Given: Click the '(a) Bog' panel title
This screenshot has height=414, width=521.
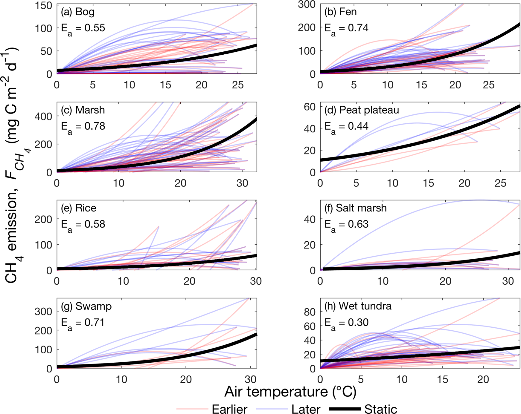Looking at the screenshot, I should (x=77, y=12).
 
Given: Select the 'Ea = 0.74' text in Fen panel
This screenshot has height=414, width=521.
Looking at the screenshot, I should (x=346, y=28).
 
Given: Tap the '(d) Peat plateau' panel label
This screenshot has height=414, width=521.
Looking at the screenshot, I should (x=362, y=110).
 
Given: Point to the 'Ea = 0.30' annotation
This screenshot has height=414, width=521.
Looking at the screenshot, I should (x=346, y=323).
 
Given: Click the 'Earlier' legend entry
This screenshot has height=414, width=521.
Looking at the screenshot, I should (x=229, y=409).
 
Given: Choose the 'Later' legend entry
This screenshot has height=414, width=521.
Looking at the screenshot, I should (x=306, y=409).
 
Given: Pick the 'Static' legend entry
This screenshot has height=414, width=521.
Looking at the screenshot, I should (x=380, y=409).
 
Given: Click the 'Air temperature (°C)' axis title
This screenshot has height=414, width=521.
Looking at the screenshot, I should (x=290, y=392).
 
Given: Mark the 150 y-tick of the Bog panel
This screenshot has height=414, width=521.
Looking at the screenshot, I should (x=44, y=5).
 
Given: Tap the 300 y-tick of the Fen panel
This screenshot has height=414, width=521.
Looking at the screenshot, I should (x=307, y=4).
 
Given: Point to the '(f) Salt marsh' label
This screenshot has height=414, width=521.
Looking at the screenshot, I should (x=355, y=208).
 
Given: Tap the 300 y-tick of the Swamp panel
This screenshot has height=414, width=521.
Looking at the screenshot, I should (x=44, y=311).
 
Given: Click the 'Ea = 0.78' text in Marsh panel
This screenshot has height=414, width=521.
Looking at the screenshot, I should (x=83, y=127).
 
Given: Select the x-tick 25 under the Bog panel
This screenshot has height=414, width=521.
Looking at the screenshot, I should (x=238, y=85).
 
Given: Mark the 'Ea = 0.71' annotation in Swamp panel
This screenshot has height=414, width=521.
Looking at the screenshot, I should (x=83, y=323).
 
